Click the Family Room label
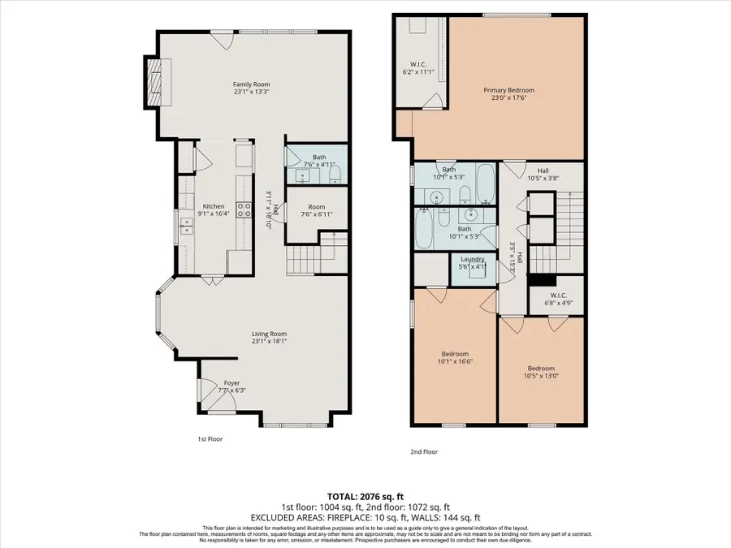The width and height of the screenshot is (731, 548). pyautogui.click(x=251, y=84)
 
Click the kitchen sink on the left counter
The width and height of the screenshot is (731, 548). pyautogui.click(x=186, y=228)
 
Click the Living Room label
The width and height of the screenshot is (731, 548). pyautogui.click(x=268, y=334)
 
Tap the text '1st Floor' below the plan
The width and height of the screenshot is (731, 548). pyautogui.click(x=210, y=438)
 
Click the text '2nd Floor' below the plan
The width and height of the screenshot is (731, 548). pyautogui.click(x=425, y=451)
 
